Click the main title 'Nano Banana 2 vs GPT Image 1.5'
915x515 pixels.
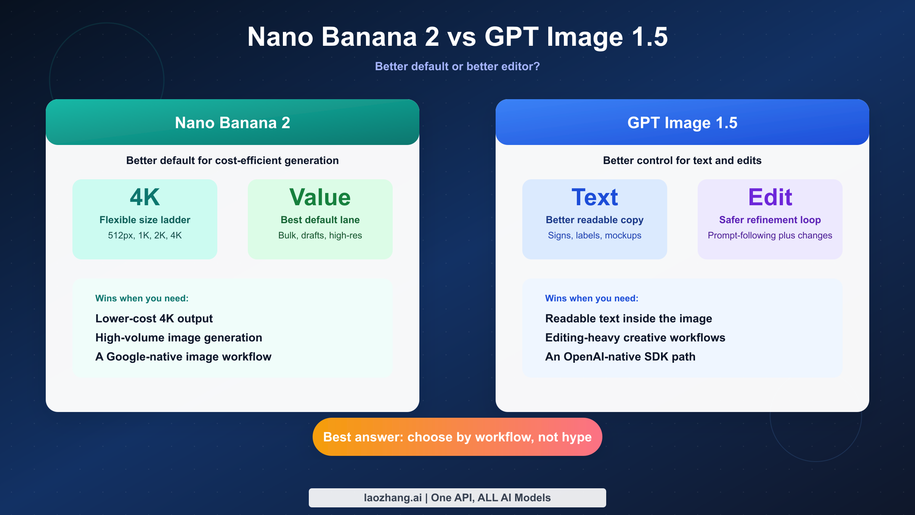point(457,37)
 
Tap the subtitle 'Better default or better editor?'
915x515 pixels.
point(457,66)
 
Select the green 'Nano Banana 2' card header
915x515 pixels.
point(233,122)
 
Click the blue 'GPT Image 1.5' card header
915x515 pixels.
point(682,122)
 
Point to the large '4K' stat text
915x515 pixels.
point(145,197)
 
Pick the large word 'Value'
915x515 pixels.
point(320,197)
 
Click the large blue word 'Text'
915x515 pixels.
point(595,197)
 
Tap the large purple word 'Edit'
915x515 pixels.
point(770,197)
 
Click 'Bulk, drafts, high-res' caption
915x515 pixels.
point(320,235)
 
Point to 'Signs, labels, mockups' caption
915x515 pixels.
point(595,235)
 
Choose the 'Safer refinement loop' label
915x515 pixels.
point(770,220)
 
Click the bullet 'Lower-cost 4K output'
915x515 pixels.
point(154,319)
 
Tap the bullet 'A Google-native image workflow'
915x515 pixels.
point(183,357)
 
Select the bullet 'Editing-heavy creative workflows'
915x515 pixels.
point(635,338)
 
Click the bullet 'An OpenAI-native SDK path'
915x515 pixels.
point(620,357)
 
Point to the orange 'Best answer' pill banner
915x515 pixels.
point(457,437)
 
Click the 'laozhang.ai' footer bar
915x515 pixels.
point(457,498)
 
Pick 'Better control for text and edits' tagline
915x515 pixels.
point(682,161)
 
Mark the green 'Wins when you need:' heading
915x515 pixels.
point(142,298)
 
